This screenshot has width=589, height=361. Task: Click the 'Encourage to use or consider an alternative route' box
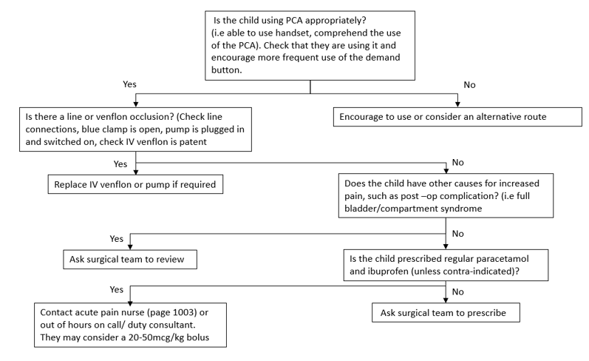coord(453,116)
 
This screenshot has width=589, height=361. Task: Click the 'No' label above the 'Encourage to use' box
coord(469,85)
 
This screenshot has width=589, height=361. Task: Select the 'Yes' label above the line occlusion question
coord(129,85)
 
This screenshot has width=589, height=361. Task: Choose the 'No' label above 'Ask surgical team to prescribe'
coord(457,291)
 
